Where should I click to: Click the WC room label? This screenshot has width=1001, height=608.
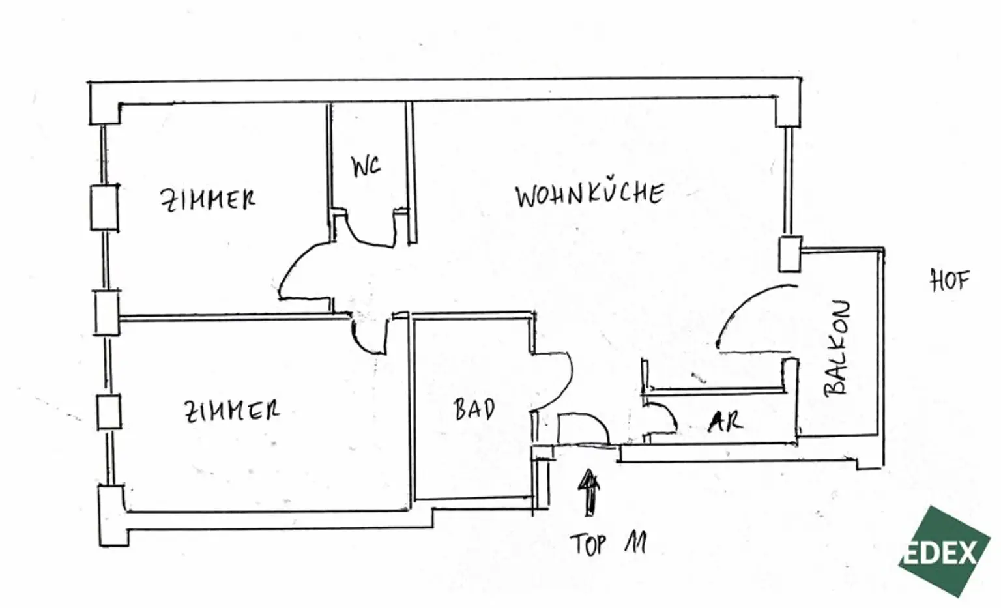click(x=366, y=167)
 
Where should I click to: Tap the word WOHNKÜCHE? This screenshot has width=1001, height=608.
click(x=589, y=194)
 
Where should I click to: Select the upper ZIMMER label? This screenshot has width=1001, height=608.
click(x=207, y=199)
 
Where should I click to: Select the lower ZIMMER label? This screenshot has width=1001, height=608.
click(x=231, y=411)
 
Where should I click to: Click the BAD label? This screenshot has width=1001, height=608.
click(x=474, y=409)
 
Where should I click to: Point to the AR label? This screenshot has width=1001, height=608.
click(x=725, y=422)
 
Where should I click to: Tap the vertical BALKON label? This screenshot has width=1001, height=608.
click(x=837, y=348)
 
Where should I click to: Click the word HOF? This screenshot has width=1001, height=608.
click(x=949, y=281)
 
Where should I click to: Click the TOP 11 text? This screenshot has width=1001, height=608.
click(x=608, y=543)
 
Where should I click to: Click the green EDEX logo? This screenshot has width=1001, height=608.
click(x=944, y=551)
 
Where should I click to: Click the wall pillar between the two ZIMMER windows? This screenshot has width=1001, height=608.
click(x=107, y=313)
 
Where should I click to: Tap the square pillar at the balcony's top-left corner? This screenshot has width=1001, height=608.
click(x=789, y=253)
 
